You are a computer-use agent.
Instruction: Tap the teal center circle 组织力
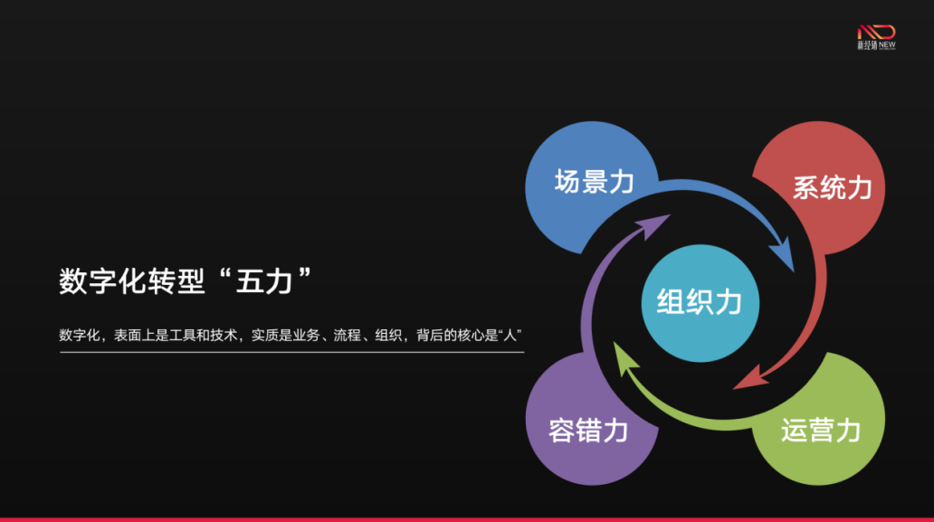coord(700,303)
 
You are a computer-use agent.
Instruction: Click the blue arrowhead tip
coord(794,272)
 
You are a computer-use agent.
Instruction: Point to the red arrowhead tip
coord(733,389)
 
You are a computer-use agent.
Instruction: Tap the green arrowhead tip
coord(615,342)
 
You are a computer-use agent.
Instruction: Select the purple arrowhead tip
coord(671,215)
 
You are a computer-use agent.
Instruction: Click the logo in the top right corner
coord(876,37)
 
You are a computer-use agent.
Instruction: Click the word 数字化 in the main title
coord(102,281)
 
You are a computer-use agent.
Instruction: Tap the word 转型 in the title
coord(176,281)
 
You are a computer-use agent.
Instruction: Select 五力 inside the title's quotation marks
coord(264,281)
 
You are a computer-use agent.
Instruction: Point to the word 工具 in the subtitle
coord(183,336)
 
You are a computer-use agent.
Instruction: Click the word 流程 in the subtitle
coord(347,336)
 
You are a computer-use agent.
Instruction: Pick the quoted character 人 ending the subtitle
coord(510,336)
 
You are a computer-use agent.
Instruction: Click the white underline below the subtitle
coord(291,352)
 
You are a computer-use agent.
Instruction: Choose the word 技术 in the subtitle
coord(224,336)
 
